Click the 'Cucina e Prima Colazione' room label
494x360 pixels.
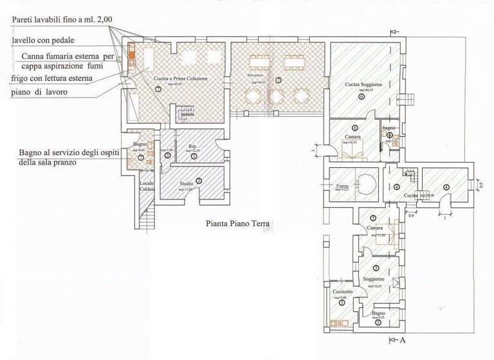[x=181, y=78]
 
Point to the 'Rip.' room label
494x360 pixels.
[x=193, y=145]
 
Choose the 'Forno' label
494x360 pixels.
[x=342, y=186]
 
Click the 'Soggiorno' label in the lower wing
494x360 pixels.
[x=374, y=279]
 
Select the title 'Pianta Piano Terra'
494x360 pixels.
[x=237, y=224]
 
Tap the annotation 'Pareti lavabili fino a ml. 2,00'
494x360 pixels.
[x=62, y=20]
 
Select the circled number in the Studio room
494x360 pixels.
[x=199, y=182]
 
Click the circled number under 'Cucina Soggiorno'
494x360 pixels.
[x=361, y=96]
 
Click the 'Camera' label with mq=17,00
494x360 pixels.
[x=376, y=229]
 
